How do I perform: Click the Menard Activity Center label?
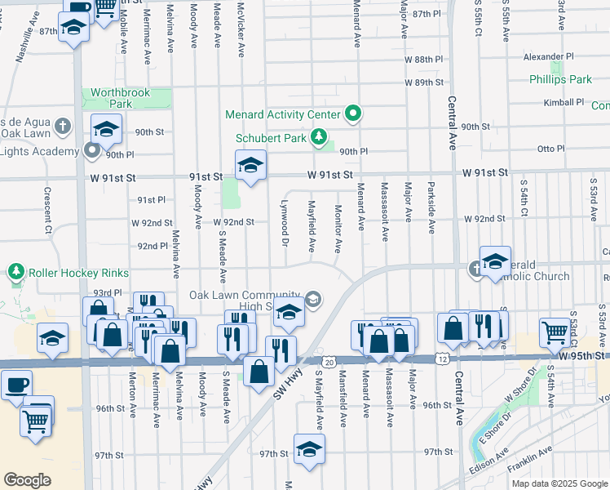[x=289, y=114]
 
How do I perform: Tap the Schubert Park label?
[x=272, y=138]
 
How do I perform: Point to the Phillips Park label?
[x=560, y=80]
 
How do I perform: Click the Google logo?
[x=27, y=480]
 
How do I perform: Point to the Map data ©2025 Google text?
[x=559, y=483]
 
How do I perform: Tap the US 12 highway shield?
[x=440, y=359]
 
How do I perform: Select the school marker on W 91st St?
[x=251, y=165]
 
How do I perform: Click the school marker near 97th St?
[x=309, y=449]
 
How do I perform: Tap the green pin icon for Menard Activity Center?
[x=353, y=114]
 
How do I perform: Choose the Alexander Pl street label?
[x=548, y=57]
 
